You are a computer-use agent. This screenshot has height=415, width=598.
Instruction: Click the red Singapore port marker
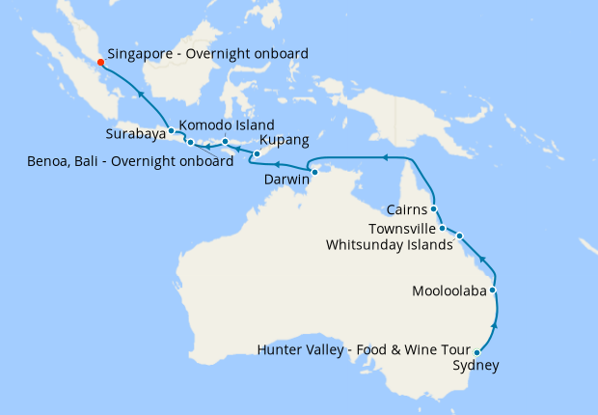point(101,62)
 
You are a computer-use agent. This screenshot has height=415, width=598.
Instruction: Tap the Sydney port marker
point(477,353)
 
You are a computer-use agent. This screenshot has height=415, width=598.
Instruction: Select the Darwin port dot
point(314,172)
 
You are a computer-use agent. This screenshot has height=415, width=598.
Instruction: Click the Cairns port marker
point(434,208)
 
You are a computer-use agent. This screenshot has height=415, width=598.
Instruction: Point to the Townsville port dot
point(443,229)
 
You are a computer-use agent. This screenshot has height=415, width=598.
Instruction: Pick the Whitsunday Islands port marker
point(460,235)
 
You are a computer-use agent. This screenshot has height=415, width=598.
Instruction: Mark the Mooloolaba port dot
point(493,290)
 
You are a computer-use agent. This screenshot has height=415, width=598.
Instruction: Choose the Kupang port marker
point(257,153)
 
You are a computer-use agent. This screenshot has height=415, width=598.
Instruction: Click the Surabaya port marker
point(171,130)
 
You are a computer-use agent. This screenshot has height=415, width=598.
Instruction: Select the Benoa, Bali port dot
point(190,143)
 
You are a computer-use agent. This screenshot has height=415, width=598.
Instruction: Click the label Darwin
point(286,180)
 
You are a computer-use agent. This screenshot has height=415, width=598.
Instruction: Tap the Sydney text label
point(476,366)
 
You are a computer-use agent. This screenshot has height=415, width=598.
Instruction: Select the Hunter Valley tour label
point(363,349)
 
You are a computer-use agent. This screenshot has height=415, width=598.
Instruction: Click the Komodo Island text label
point(227,125)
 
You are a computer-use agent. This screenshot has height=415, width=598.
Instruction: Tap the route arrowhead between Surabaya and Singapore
point(141,94)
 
